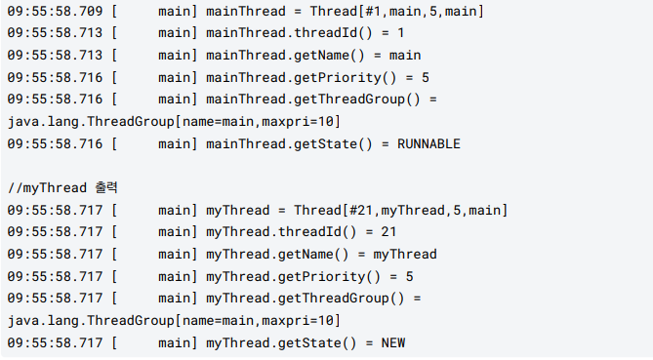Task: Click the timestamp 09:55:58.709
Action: coord(53,11)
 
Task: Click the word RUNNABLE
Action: coord(429,143)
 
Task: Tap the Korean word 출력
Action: coord(103,187)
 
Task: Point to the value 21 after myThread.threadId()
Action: coord(388,232)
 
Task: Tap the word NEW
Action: coord(393,342)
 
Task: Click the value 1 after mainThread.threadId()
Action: coord(400,33)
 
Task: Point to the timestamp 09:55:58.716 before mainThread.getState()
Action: coord(53,143)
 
